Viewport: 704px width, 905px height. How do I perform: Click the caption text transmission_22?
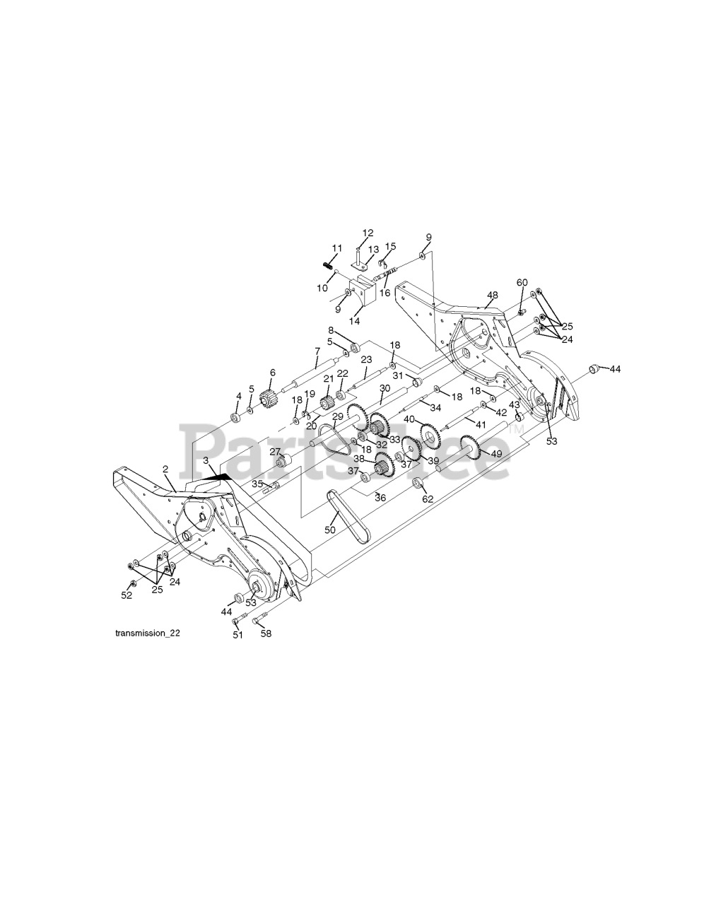(147, 633)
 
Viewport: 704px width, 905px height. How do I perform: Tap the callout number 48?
(492, 295)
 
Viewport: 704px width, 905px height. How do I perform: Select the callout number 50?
(329, 530)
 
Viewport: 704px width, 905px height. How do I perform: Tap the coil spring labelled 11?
(328, 265)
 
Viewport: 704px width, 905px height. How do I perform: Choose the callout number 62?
(427, 498)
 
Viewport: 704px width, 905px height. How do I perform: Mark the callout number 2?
(165, 469)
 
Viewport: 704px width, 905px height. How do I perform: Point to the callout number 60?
(522, 282)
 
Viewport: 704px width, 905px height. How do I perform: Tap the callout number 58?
(266, 633)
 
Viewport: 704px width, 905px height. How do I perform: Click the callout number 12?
(368, 233)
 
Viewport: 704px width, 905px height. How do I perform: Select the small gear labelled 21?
(327, 402)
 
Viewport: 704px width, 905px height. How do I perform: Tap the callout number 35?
(257, 484)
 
